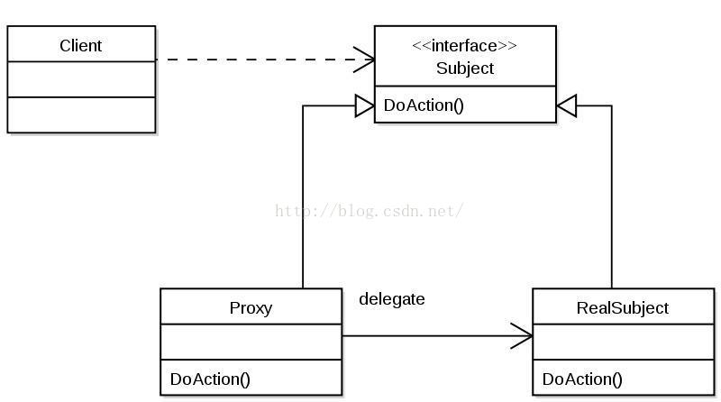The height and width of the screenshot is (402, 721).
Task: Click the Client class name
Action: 80,46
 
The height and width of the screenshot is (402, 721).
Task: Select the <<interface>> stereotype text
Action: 464,46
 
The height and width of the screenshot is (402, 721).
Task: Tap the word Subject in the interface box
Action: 465,69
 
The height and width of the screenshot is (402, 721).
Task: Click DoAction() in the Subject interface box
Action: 424,105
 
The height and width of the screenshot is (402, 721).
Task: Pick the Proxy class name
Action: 251,307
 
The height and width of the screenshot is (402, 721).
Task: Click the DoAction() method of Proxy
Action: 210,379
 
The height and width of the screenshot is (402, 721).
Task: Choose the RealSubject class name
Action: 623,307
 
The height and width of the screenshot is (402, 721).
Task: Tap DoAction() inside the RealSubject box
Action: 582,379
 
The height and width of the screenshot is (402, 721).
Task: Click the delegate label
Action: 392,299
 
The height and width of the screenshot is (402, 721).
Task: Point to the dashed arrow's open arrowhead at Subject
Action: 364,59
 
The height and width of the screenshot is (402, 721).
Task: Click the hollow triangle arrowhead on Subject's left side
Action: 365,106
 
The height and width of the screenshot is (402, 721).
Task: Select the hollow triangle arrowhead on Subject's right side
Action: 566,106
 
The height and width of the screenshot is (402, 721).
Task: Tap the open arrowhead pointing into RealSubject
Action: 522,336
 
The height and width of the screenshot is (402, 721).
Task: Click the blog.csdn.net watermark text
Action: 370,211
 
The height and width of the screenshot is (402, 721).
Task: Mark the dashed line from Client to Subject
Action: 265,59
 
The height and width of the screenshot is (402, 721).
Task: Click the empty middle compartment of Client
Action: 81,79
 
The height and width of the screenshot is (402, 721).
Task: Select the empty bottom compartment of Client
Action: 81,115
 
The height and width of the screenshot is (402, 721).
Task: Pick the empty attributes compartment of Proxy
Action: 251,342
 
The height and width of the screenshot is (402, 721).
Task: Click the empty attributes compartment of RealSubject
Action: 624,342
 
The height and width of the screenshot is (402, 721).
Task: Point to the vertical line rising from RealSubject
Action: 612,196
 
